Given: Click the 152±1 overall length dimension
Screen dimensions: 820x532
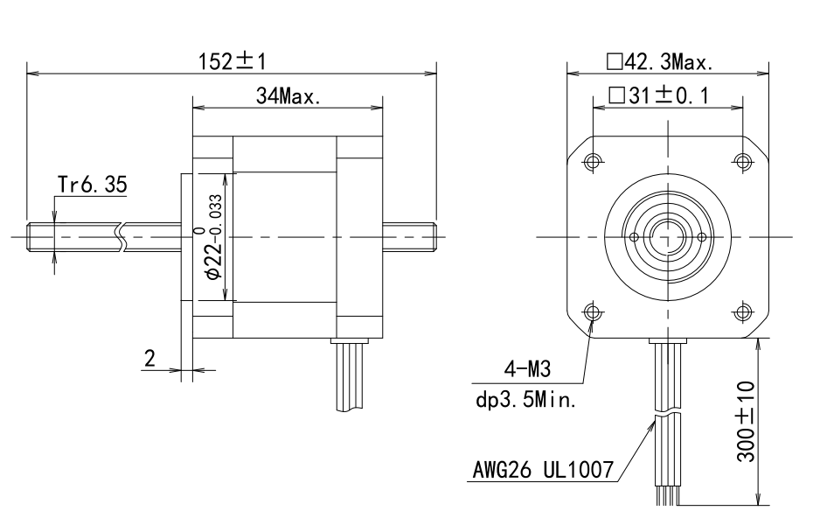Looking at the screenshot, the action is (233, 62).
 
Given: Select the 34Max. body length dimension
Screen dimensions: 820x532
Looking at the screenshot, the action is (288, 96).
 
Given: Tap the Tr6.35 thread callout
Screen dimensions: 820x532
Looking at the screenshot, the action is (92, 185).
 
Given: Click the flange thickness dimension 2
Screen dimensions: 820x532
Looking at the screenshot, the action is (150, 359).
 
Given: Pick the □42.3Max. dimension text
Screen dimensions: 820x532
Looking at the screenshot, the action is (660, 62).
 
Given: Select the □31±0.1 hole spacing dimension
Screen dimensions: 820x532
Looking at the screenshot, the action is (659, 96).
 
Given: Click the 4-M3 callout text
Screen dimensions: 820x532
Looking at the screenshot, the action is (528, 369).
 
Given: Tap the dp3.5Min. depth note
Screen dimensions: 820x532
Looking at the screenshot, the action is (526, 401).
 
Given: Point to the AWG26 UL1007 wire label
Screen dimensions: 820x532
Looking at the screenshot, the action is (544, 469).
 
